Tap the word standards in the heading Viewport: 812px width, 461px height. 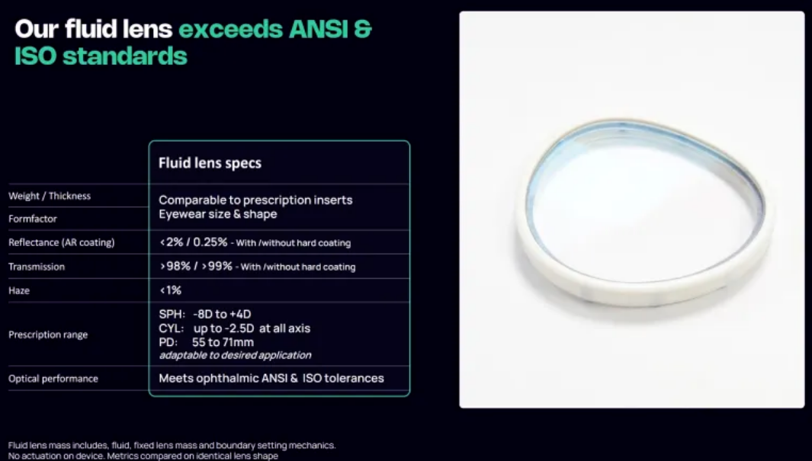coord(125,56)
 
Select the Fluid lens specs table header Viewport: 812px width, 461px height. coord(210,163)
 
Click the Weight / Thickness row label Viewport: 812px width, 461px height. coord(50,196)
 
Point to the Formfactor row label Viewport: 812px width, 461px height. coord(33,219)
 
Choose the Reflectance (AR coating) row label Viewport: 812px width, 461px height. coord(61,242)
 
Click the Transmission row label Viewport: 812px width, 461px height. coord(37,267)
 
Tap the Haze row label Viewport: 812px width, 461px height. coord(18,290)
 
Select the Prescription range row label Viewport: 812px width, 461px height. coord(47,335)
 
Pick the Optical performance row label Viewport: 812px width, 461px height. coord(53,378)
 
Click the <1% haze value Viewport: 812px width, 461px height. coord(170,290)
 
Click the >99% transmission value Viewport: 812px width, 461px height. coord(217,267)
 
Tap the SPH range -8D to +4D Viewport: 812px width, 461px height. coord(222,314)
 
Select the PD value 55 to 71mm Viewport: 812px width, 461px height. coord(223,342)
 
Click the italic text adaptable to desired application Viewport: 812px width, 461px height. coord(235,355)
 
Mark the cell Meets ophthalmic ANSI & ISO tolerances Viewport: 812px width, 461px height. coord(271,378)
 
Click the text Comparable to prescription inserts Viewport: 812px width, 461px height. coord(255,200)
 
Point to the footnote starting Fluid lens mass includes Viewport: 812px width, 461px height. coord(172,450)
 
